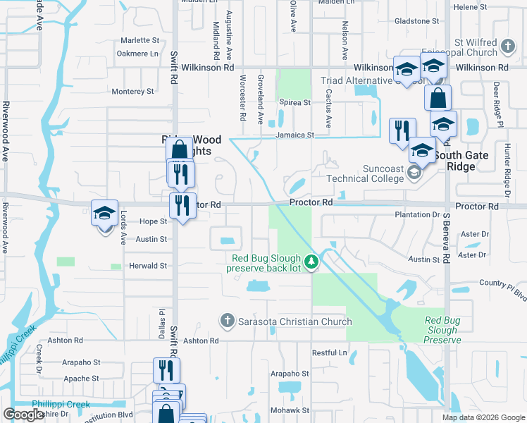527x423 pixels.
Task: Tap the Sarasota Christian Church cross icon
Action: point(227,321)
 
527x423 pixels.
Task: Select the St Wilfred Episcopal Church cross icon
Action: point(508,47)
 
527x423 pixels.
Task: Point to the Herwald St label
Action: point(148,266)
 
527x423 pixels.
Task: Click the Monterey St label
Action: point(133,92)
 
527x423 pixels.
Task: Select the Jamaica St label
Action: point(294,135)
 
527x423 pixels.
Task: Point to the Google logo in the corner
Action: point(24,415)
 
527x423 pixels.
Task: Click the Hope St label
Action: point(152,221)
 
